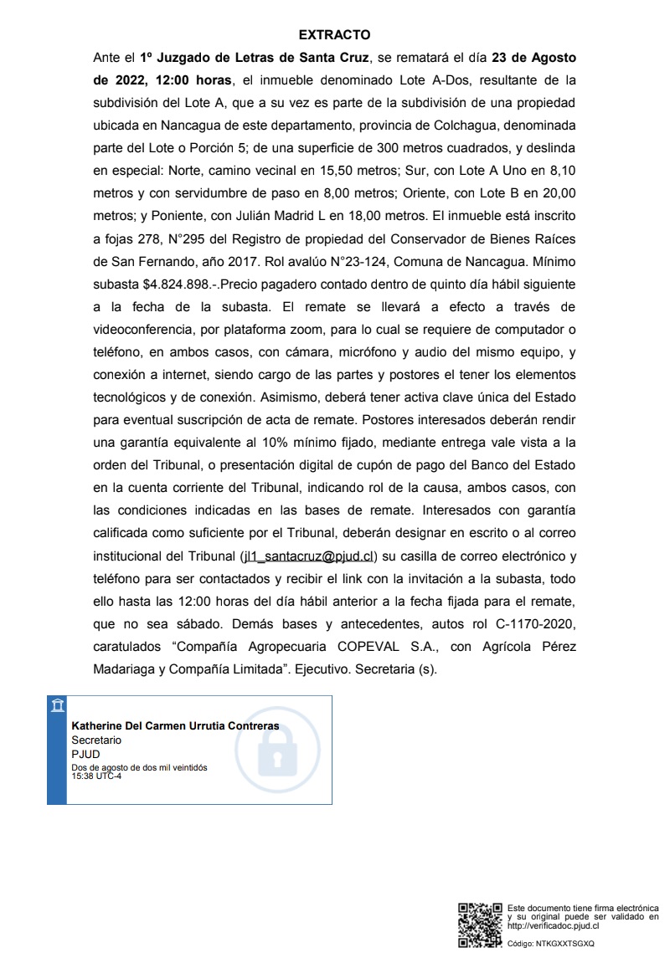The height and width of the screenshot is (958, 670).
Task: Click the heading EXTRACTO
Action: tap(334, 35)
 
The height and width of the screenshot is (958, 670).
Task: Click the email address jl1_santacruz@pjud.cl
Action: tap(308, 556)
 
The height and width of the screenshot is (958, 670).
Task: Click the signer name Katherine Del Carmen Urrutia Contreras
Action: tap(175, 726)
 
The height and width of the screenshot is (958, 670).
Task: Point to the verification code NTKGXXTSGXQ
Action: tap(565, 944)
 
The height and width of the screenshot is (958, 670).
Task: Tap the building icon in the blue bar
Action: tap(57, 705)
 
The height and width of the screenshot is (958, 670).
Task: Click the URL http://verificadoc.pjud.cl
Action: tap(554, 925)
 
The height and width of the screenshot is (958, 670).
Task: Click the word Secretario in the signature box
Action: tap(96, 740)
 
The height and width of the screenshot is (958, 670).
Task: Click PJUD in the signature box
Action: tap(85, 754)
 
